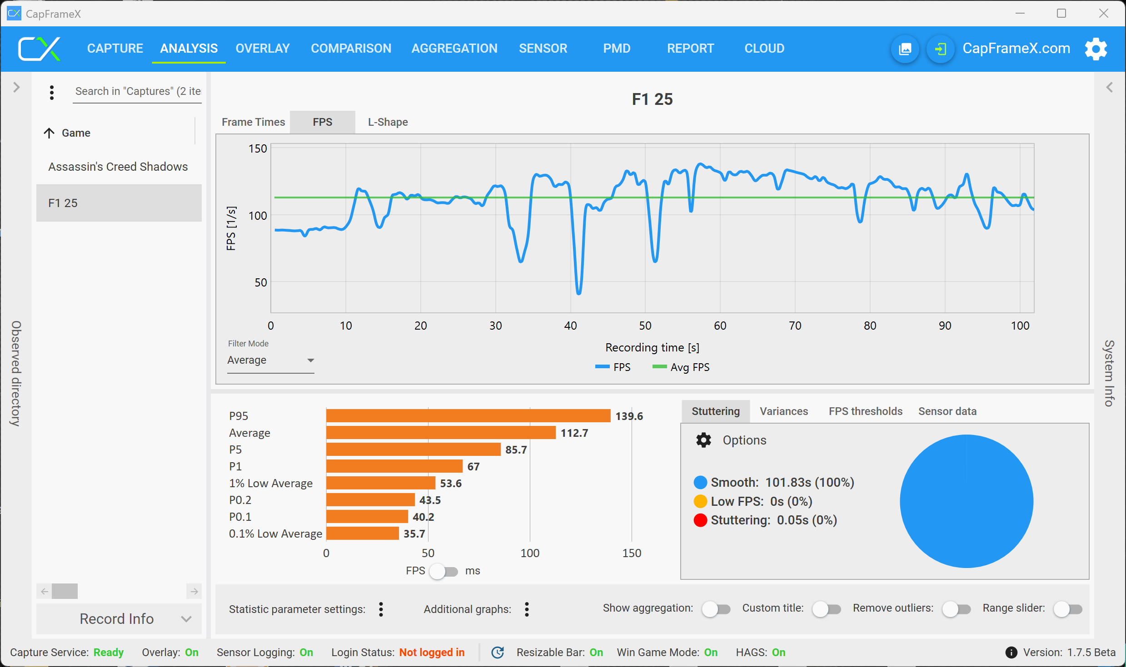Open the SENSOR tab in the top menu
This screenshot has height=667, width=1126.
543,48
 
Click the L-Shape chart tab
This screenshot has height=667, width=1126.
388,122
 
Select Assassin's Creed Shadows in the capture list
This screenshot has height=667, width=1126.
118,167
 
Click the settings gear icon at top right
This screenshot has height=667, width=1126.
1096,49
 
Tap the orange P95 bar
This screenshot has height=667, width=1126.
468,416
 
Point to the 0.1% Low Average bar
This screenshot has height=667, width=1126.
362,534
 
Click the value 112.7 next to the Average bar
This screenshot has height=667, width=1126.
574,433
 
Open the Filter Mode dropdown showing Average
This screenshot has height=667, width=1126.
270,361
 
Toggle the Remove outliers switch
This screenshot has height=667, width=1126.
956,609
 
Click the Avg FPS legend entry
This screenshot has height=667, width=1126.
682,367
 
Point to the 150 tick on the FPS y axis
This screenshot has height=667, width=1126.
258,149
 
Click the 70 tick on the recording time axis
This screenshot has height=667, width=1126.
795,326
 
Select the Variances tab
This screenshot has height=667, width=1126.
784,411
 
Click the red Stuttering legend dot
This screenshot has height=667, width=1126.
700,520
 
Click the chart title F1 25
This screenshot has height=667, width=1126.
652,99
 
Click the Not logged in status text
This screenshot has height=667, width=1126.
432,652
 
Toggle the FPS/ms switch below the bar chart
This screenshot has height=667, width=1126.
444,571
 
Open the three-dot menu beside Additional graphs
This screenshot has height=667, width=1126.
527,609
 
